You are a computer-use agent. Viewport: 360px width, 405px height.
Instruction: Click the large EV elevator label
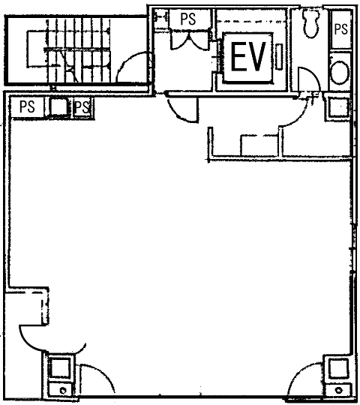pyautogui.click(x=248, y=56)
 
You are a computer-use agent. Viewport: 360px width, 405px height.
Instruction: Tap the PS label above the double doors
pyautogui.click(x=188, y=19)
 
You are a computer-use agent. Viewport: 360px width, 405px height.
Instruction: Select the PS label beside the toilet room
pyautogui.click(x=340, y=29)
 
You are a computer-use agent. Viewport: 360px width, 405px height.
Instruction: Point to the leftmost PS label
pyautogui.click(x=27, y=106)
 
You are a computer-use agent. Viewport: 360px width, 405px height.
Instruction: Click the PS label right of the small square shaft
pyautogui.click(x=82, y=107)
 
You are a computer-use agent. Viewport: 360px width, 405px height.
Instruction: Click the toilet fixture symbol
pyautogui.click(x=312, y=23)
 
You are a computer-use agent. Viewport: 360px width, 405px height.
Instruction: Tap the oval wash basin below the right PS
pyautogui.click(x=340, y=72)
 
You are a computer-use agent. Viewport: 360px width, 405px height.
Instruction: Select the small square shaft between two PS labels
pyautogui.click(x=58, y=106)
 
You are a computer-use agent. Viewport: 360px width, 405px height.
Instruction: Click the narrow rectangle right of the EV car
pyautogui.click(x=279, y=56)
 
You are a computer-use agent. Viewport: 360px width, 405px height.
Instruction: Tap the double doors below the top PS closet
pyautogui.click(x=189, y=40)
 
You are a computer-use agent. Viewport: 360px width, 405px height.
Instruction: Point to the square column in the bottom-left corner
pyautogui.click(x=61, y=367)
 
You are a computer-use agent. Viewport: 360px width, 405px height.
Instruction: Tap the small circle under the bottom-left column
pyautogui.click(x=63, y=390)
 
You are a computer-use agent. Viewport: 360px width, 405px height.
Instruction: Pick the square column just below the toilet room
pyautogui.click(x=337, y=106)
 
